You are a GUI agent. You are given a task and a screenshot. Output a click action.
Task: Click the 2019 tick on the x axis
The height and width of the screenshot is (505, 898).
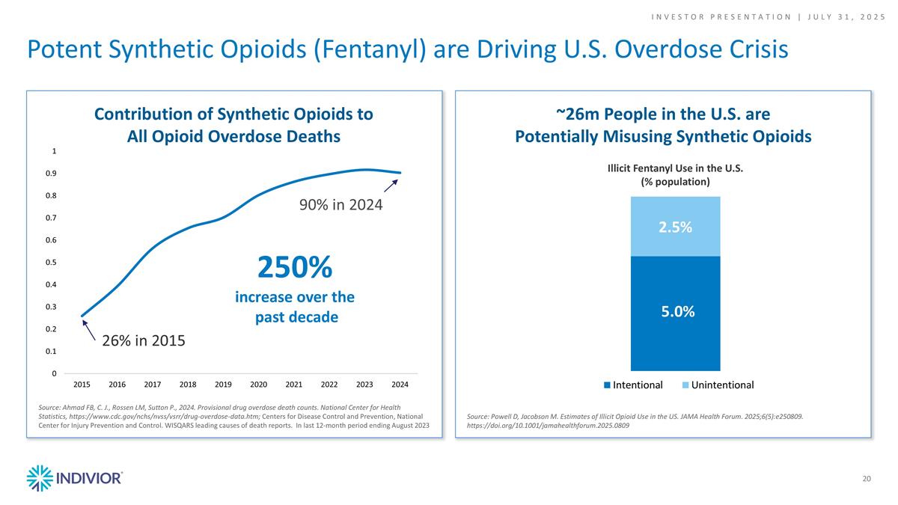(x=223, y=385)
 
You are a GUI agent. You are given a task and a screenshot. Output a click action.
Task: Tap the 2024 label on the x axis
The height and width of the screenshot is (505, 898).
(x=400, y=385)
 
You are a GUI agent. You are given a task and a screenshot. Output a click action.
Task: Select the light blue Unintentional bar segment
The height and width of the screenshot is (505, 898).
(x=675, y=227)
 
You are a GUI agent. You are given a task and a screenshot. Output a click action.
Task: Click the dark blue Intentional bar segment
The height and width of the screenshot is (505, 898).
(x=675, y=313)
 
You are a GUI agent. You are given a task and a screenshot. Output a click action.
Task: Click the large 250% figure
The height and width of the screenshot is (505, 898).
(x=294, y=266)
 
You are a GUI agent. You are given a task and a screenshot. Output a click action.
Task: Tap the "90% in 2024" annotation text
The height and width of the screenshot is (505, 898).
(x=341, y=203)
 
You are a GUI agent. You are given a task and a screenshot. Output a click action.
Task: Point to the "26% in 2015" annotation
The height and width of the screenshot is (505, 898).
(x=143, y=341)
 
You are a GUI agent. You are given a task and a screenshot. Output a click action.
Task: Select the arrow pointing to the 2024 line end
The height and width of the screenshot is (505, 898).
(x=391, y=186)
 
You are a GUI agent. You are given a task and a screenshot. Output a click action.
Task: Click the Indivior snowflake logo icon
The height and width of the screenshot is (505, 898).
(x=39, y=478)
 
